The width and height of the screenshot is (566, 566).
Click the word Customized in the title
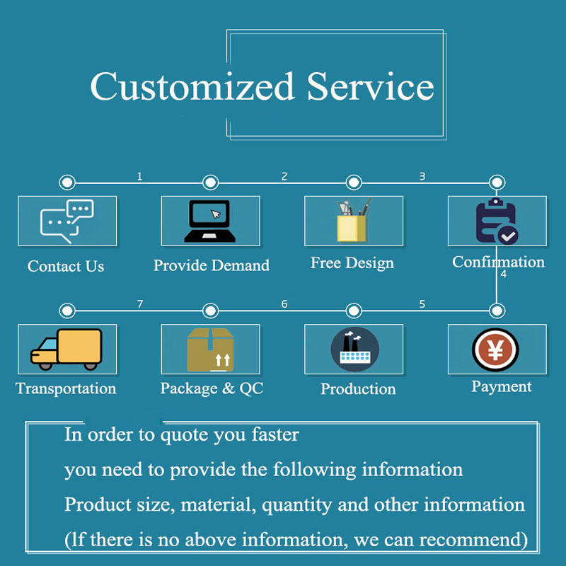(x=192, y=88)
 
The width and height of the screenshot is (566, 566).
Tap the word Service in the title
(x=370, y=87)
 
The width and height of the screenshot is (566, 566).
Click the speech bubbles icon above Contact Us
(x=67, y=221)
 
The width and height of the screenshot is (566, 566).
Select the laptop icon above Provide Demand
(x=210, y=221)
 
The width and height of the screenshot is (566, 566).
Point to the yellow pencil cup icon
(x=353, y=221)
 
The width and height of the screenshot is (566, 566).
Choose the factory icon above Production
(x=354, y=349)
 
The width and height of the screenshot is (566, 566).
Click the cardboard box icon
(x=210, y=349)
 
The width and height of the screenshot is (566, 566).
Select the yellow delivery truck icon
(x=67, y=349)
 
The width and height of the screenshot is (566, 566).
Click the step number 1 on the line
(x=139, y=176)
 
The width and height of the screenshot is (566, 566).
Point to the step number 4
(x=503, y=274)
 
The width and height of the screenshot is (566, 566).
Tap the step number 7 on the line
(x=139, y=304)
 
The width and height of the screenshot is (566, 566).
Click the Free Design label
(x=352, y=263)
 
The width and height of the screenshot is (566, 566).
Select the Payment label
(x=502, y=386)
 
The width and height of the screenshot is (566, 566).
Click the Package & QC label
(x=212, y=388)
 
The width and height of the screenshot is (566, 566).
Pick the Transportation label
(x=66, y=388)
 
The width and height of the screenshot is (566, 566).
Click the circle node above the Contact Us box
(x=67, y=183)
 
